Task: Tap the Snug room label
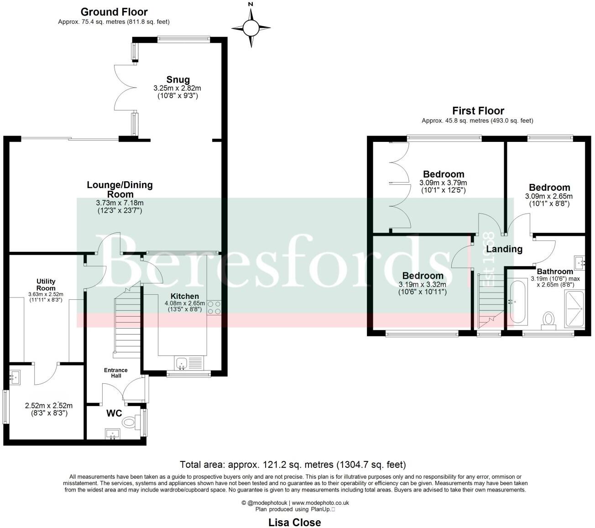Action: tap(177, 80)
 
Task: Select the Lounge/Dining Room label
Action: tap(120, 189)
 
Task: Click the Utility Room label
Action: tap(46, 285)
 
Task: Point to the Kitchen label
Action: tap(185, 296)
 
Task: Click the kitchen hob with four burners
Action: tap(214, 308)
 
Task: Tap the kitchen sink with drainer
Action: tap(188, 364)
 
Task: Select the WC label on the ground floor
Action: tap(114, 413)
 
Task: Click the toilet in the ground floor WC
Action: tap(130, 423)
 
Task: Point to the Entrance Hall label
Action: tap(116, 373)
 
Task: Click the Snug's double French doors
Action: tap(123, 87)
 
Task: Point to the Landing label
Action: tap(504, 249)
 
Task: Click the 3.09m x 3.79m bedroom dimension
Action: tap(443, 183)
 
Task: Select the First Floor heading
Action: tap(478, 111)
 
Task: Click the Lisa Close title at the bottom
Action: tap(294, 522)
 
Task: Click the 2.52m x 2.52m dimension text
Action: tap(48, 405)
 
